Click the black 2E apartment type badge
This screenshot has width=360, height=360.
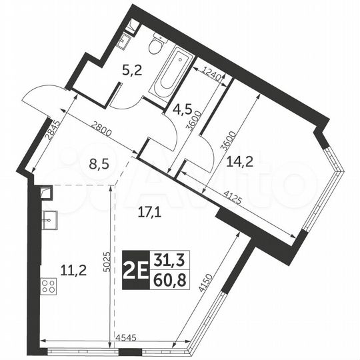(137, 270)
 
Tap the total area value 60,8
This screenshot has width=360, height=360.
(171, 279)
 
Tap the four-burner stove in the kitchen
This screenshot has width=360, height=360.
(49, 286)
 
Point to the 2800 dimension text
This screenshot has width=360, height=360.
(103, 128)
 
